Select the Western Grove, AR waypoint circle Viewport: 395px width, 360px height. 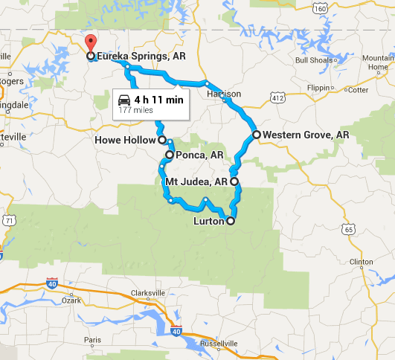(x=257, y=135)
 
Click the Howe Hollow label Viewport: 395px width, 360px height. (x=125, y=140)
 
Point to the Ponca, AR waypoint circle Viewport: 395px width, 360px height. (x=170, y=155)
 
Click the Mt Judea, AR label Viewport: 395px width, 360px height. (x=195, y=181)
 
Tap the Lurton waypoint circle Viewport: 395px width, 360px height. (x=231, y=221)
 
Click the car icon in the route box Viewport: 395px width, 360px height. (x=126, y=99)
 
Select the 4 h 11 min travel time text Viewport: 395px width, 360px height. (x=159, y=99)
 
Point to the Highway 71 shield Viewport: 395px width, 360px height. (x=7, y=220)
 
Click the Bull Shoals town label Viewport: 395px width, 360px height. (x=311, y=60)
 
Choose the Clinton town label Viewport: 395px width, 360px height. (x=362, y=262)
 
